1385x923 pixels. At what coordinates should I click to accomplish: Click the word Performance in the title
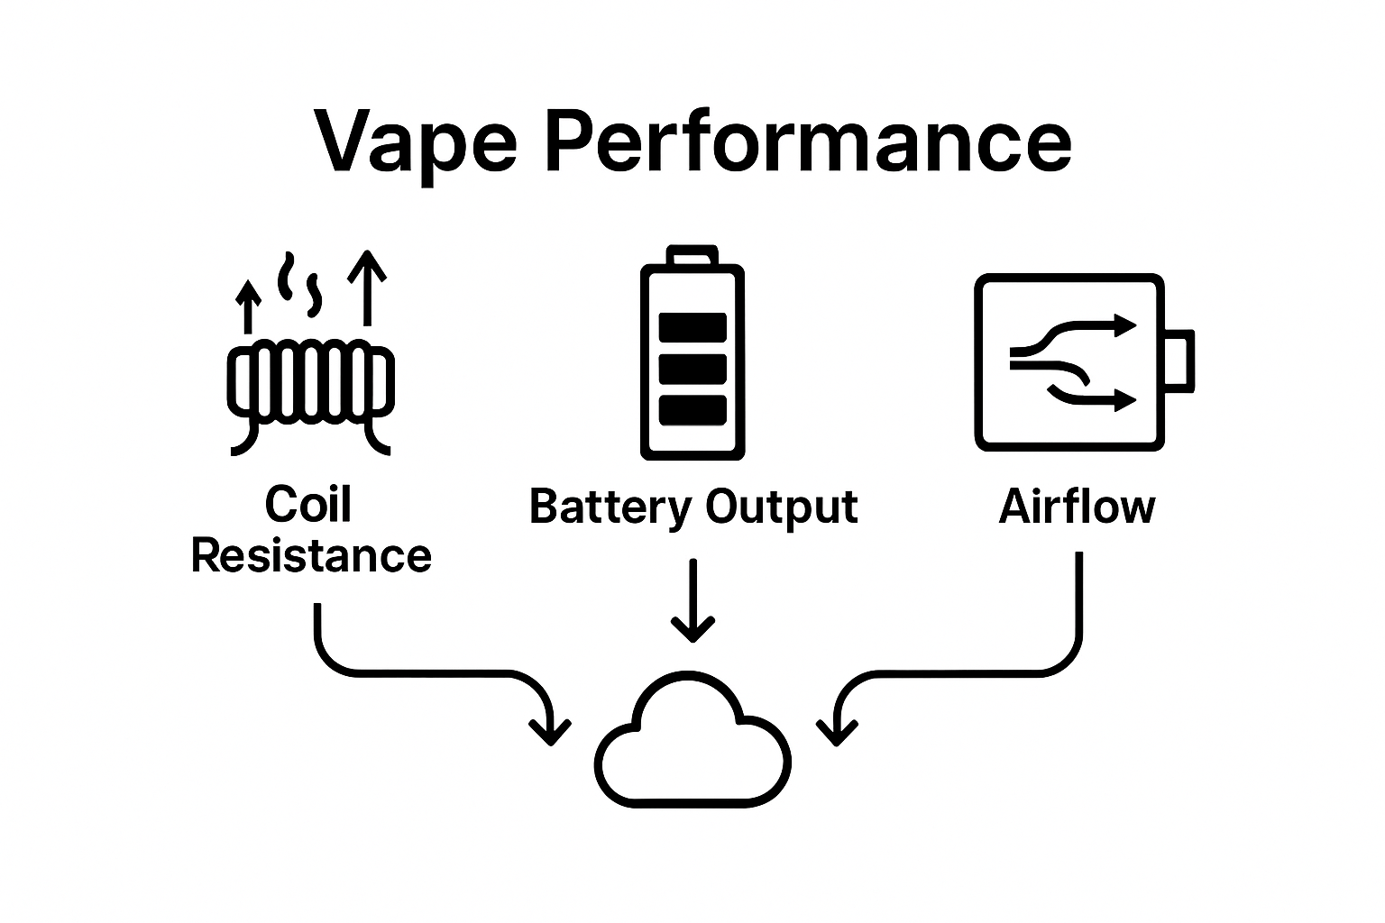[x=809, y=142]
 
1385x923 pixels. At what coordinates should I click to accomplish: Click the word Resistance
[x=311, y=555]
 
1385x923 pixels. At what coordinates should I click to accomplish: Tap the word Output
[x=781, y=507]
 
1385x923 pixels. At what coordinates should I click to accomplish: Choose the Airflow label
[x=1077, y=507]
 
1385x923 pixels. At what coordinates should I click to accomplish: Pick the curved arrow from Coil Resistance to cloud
[x=424, y=672]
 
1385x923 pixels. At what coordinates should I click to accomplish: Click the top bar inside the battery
[x=692, y=326]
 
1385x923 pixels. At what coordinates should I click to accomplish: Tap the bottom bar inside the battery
[x=692, y=410]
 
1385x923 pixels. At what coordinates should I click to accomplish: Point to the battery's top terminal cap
[x=692, y=255]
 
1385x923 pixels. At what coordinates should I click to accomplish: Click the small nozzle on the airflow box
[x=1179, y=361]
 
